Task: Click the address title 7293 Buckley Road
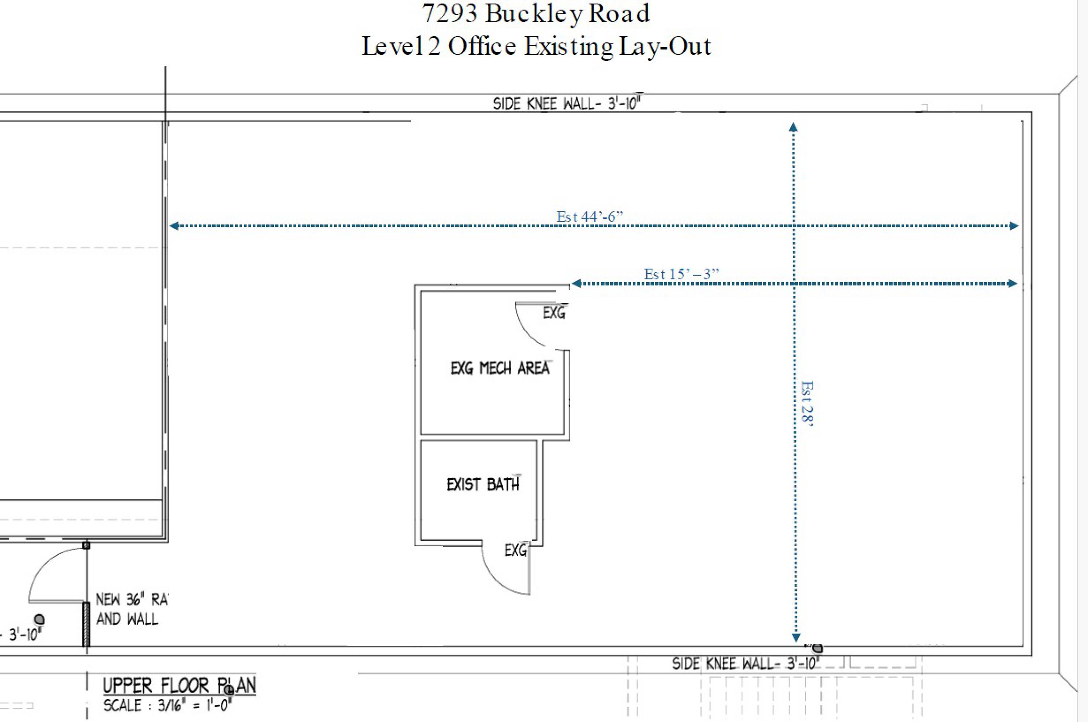(x=536, y=14)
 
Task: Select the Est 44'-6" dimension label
(x=590, y=216)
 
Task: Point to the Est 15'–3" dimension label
(x=681, y=274)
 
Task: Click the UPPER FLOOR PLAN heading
(x=180, y=686)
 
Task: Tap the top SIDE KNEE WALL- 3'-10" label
(x=568, y=103)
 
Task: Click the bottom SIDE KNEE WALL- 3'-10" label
(x=746, y=664)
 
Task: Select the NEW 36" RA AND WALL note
(x=132, y=609)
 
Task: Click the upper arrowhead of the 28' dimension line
(x=793, y=127)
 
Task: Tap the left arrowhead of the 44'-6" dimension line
(x=174, y=226)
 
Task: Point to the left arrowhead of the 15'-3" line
(x=576, y=283)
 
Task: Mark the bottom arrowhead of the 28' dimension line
(x=796, y=638)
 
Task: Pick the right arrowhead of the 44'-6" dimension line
(x=1014, y=226)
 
